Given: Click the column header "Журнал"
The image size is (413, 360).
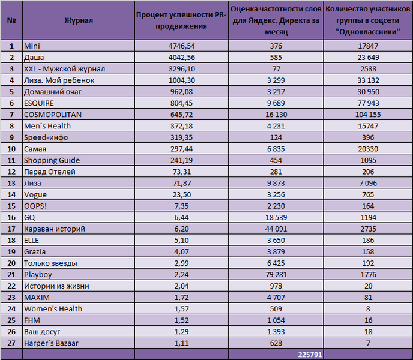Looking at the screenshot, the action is (79, 20).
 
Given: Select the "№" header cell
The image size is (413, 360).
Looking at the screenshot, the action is (11, 20).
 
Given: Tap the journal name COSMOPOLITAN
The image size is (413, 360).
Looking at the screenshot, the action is (53, 115).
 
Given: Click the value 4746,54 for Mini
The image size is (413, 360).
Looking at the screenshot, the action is (182, 46).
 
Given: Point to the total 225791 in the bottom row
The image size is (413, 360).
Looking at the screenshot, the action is (310, 355).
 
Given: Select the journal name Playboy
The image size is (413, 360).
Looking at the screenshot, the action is (38, 275).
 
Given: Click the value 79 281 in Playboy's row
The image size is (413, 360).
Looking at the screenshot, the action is (276, 275).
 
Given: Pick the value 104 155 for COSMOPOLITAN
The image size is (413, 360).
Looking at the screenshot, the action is (368, 115).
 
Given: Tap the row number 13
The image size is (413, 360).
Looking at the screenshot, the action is (11, 183).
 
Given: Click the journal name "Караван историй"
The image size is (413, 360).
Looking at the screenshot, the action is (55, 229).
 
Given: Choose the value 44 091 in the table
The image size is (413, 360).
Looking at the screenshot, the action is (276, 229).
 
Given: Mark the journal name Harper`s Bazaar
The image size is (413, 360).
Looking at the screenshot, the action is (51, 343).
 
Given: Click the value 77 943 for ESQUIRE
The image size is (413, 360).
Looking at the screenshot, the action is (368, 103).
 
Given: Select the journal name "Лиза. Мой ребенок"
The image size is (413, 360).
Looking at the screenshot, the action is (59, 80).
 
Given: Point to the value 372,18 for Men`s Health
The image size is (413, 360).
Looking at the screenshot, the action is (182, 126).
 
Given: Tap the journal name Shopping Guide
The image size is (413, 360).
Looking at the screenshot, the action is (52, 160).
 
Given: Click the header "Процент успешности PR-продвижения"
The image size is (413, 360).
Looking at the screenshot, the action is (181, 20).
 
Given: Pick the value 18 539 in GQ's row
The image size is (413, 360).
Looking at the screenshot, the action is (276, 218).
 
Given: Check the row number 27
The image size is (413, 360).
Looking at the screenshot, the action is (11, 343).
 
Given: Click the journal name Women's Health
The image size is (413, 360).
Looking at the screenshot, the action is (53, 309).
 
